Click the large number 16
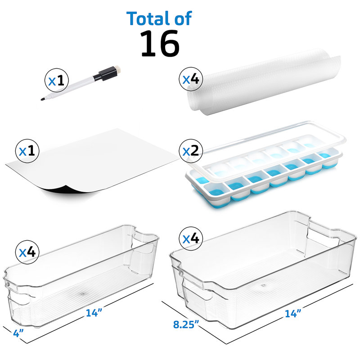click(x=160, y=44)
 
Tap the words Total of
click(x=159, y=18)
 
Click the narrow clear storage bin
click(x=81, y=279)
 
